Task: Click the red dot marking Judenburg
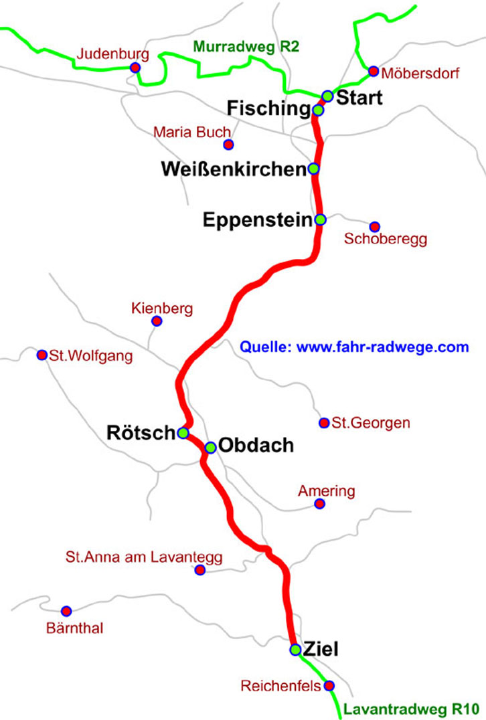pos(135,67)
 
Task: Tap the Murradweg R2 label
pos(246,47)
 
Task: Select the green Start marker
pos(327,96)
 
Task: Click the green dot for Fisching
pos(319,109)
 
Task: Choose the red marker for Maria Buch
pos(228,145)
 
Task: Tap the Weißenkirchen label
pos(234,170)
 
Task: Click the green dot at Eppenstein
pos(320,219)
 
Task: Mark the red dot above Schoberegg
pos(374,227)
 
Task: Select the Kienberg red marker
pos(157,321)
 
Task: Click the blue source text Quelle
pos(354,347)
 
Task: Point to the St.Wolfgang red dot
pos(42,355)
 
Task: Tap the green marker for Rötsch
pos(183,433)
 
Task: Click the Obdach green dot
pos(210,447)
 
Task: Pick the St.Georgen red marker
pos(324,423)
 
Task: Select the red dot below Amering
pos(319,503)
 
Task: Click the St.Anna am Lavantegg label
pos(143,557)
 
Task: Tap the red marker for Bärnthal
pos(66,611)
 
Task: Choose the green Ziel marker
pos(295,649)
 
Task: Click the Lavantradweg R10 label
pos(413,709)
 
